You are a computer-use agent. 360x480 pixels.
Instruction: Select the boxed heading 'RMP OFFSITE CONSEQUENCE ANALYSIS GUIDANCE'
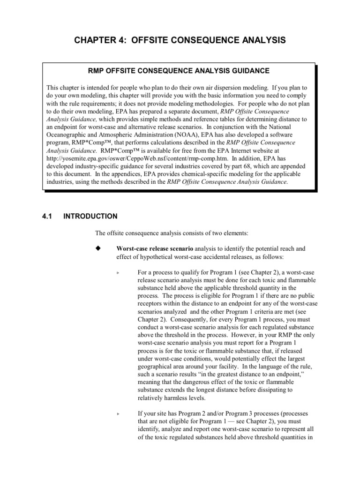coord(179,71)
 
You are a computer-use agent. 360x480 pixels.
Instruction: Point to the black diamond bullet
coord(98,248)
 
